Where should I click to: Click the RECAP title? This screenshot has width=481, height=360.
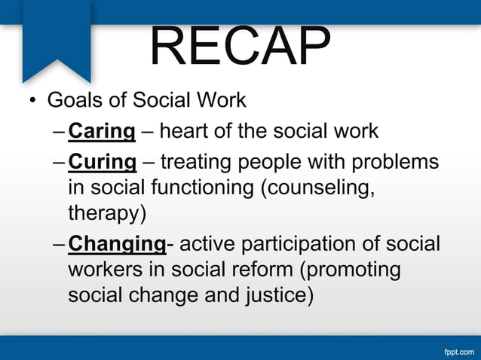pyautogui.click(x=240, y=47)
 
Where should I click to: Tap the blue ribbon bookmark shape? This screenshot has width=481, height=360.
pyautogui.click(x=57, y=38)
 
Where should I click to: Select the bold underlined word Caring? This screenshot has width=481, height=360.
pyautogui.click(x=102, y=132)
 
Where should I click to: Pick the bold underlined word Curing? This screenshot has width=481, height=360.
pyautogui.click(x=102, y=161)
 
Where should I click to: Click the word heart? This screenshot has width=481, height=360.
pyautogui.click(x=184, y=132)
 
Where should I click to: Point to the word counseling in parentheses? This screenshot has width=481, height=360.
pyautogui.click(x=317, y=188)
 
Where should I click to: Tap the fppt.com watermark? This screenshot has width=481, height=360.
pyautogui.click(x=458, y=351)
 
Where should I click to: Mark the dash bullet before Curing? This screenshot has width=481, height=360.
pyautogui.click(x=60, y=162)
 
